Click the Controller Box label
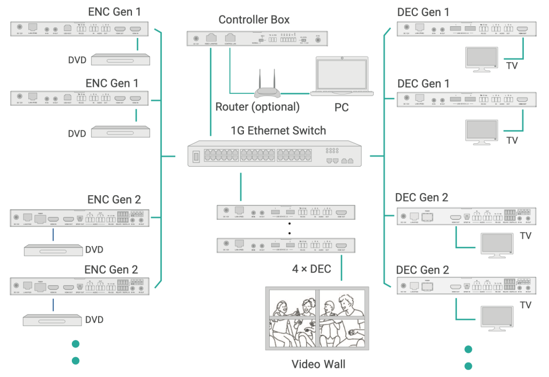(254, 20)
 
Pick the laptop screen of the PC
(341, 72)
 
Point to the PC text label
(342, 107)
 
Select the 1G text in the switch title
(239, 130)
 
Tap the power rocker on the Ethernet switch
(197, 157)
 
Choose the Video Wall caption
(318, 364)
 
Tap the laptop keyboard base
(342, 93)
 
